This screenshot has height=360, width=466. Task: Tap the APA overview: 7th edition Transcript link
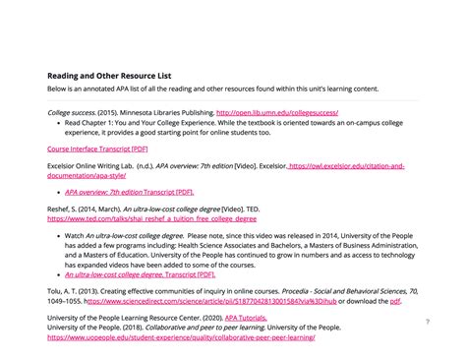click(x=129, y=192)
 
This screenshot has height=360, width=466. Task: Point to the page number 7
click(x=428, y=322)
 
